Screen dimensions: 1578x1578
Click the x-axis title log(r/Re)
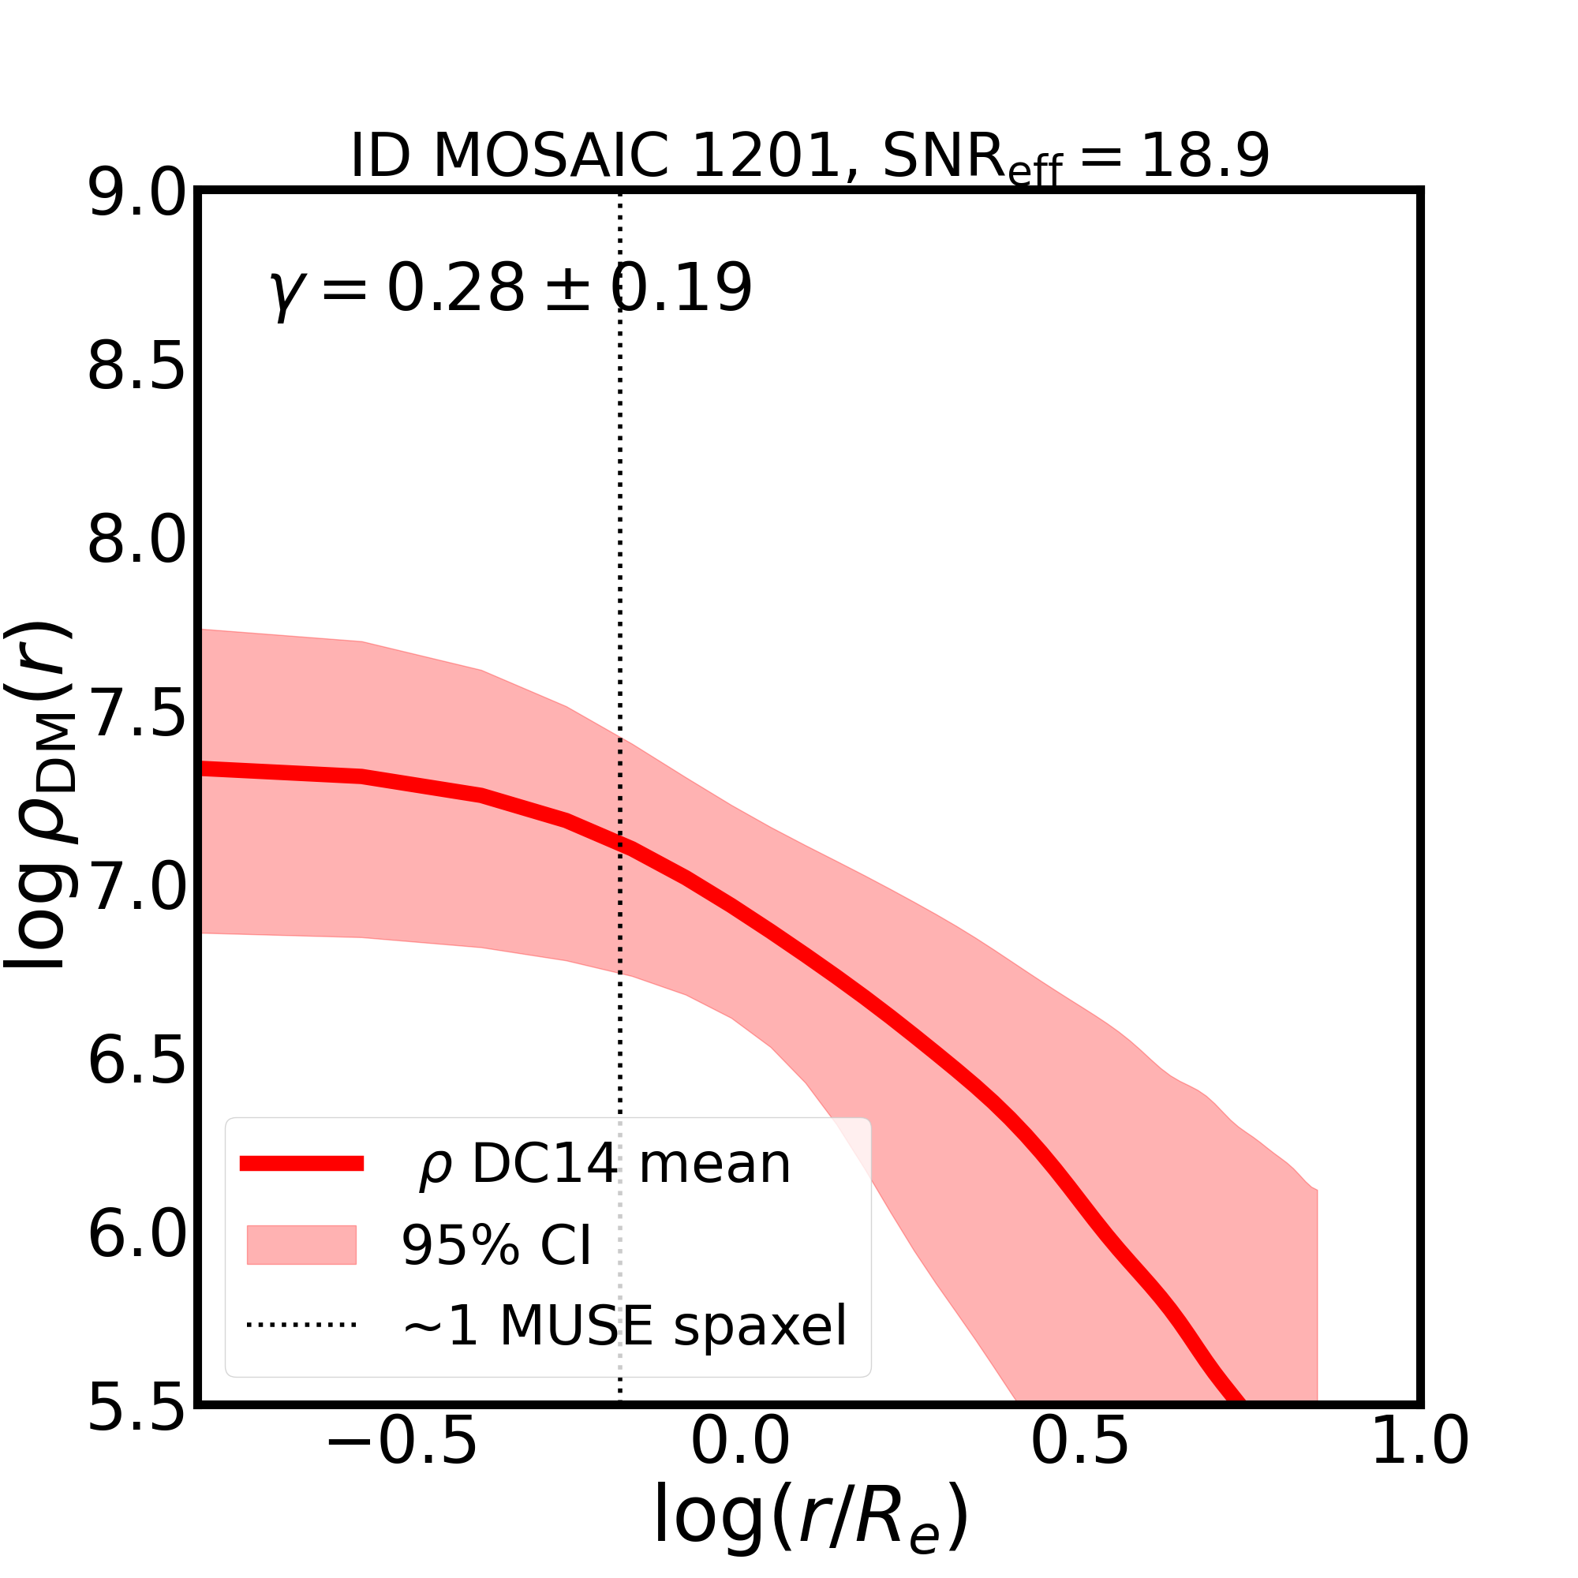point(811,1516)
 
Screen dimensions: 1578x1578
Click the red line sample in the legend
point(301,1164)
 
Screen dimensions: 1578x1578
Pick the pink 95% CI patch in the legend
point(301,1245)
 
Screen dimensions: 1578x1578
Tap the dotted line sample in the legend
point(301,1325)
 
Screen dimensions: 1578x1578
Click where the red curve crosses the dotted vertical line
point(620,844)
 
